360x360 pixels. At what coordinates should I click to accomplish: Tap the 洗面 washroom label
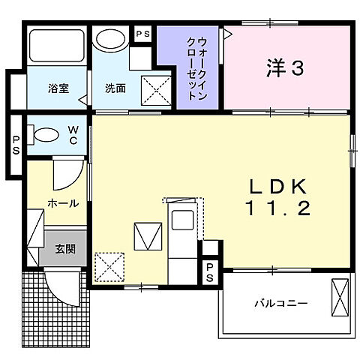tap(115, 88)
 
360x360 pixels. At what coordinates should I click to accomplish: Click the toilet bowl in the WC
tap(46, 136)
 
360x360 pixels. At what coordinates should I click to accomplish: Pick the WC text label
tap(73, 135)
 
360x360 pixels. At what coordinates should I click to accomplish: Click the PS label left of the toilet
tap(15, 143)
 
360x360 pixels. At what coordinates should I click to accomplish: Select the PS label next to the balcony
tap(211, 273)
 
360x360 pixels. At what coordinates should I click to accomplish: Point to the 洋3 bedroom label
tap(286, 69)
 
